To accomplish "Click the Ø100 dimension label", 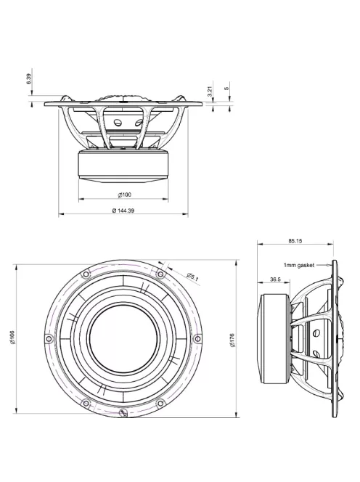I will point(123,195).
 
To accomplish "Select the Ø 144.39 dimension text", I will point(123,210).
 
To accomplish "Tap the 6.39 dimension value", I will point(28,78).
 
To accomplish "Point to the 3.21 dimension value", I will point(209,91).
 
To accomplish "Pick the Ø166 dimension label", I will point(13,338).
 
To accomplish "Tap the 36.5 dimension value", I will point(275,279).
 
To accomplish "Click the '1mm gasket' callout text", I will point(298,266).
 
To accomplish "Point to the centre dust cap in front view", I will point(123,339).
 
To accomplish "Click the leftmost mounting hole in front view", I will point(49,339).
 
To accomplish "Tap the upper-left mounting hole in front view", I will point(86,274).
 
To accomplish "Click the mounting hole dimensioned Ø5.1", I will point(160,274).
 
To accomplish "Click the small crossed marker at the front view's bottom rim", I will point(123,414).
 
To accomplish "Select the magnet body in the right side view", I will point(272,338).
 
